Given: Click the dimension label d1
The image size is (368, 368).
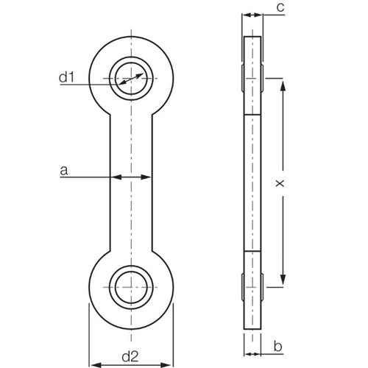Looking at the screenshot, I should (67, 77).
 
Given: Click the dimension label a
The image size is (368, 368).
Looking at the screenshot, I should (64, 171).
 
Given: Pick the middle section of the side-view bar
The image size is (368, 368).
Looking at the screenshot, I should (252, 184).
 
